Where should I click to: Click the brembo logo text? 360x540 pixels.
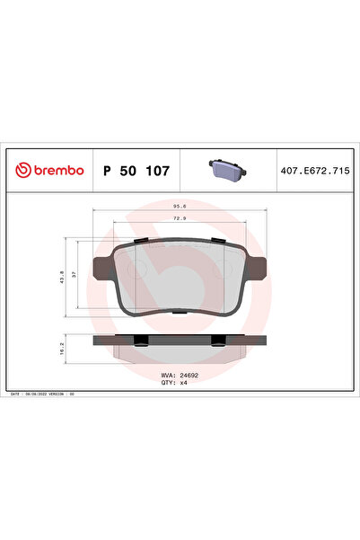(58, 171)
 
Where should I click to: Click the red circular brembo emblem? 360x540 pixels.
(22, 171)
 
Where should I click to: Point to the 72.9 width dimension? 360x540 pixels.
(180, 218)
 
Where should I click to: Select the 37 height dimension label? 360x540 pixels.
(75, 277)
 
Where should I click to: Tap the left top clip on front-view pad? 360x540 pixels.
(142, 241)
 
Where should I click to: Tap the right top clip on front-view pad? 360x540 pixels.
(217, 241)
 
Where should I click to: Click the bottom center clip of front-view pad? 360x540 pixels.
(180, 313)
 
